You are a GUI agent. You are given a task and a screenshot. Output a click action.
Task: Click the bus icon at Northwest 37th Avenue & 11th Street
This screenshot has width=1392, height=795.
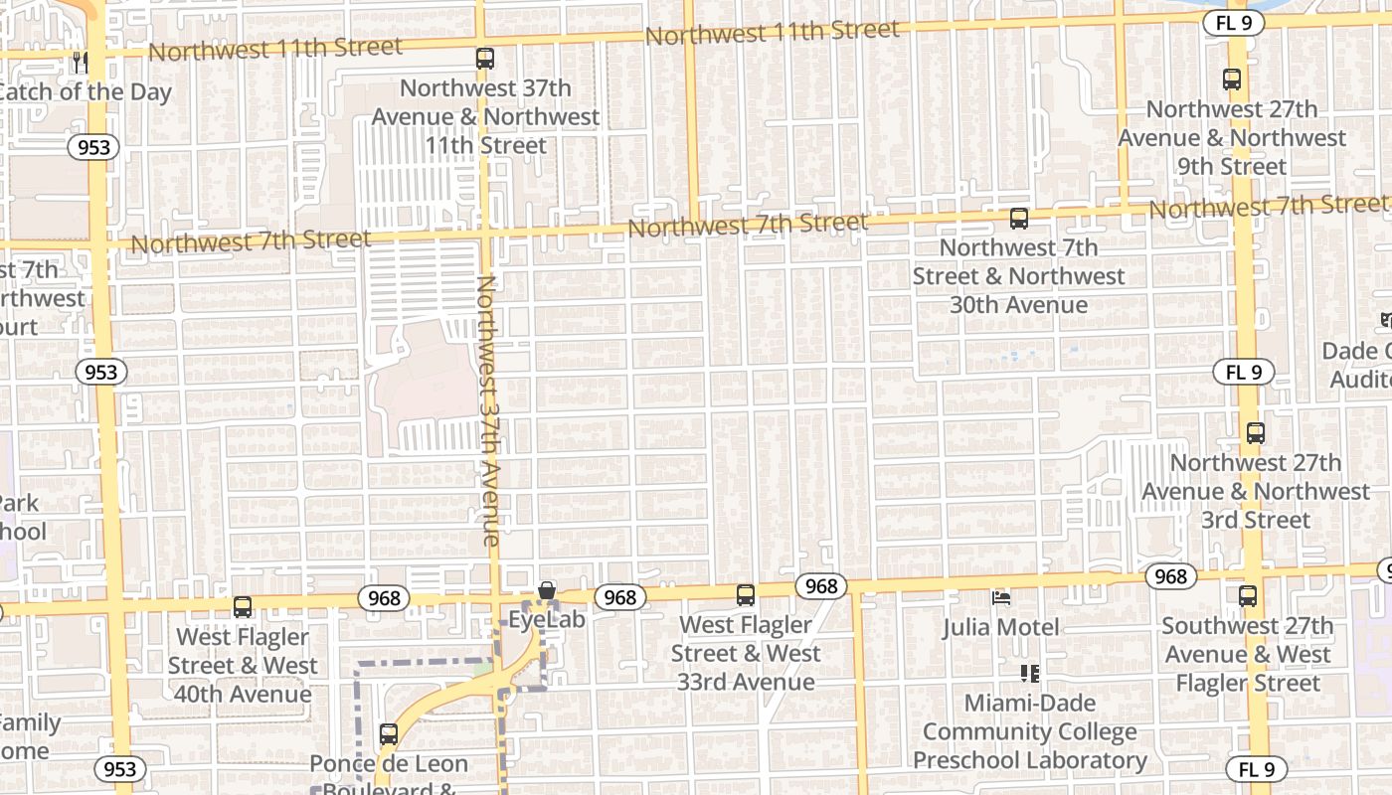coord(485,59)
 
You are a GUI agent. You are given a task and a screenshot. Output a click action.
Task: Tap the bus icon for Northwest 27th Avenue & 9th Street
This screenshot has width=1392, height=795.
coord(1232,79)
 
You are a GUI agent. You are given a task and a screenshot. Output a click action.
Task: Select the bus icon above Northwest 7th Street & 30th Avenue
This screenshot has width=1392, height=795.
coord(1018,219)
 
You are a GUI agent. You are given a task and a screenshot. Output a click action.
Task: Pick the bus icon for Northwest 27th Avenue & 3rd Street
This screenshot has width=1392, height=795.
coord(1255,433)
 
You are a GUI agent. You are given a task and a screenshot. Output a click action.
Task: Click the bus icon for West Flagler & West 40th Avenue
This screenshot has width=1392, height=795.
coord(243,607)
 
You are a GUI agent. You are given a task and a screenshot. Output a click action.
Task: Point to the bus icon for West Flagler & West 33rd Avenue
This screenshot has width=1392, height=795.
coord(746,595)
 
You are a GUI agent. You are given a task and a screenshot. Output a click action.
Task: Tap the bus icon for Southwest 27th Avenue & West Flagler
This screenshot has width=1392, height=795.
coord(1248,596)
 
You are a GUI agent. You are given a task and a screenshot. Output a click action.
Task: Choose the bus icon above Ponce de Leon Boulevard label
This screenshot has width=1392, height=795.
coord(389,734)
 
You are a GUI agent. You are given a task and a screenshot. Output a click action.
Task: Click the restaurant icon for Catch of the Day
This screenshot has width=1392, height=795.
coord(81,63)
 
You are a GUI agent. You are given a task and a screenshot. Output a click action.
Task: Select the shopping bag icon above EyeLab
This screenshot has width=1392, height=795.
coord(546,591)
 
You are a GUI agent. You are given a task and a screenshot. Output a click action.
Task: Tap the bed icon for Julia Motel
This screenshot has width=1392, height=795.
coord(1001,598)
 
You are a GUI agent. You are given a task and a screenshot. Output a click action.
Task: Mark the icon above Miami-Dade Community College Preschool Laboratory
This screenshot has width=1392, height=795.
coord(1029,674)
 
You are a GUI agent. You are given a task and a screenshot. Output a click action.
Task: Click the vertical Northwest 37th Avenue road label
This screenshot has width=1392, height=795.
coord(488,410)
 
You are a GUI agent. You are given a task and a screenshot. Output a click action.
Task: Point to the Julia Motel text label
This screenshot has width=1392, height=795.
coord(1000,627)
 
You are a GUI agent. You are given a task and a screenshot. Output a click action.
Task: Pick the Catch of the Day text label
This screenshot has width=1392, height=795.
coord(85,92)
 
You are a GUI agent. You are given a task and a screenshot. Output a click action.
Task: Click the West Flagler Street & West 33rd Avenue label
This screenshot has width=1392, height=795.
coord(746,653)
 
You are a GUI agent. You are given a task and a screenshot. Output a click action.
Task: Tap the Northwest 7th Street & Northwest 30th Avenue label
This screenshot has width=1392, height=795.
coord(1018,275)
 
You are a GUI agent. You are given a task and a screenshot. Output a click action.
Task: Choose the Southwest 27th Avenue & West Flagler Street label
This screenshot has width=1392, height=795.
coord(1248,654)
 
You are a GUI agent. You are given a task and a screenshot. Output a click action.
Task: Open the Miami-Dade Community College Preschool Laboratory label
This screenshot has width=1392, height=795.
coord(1029,731)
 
